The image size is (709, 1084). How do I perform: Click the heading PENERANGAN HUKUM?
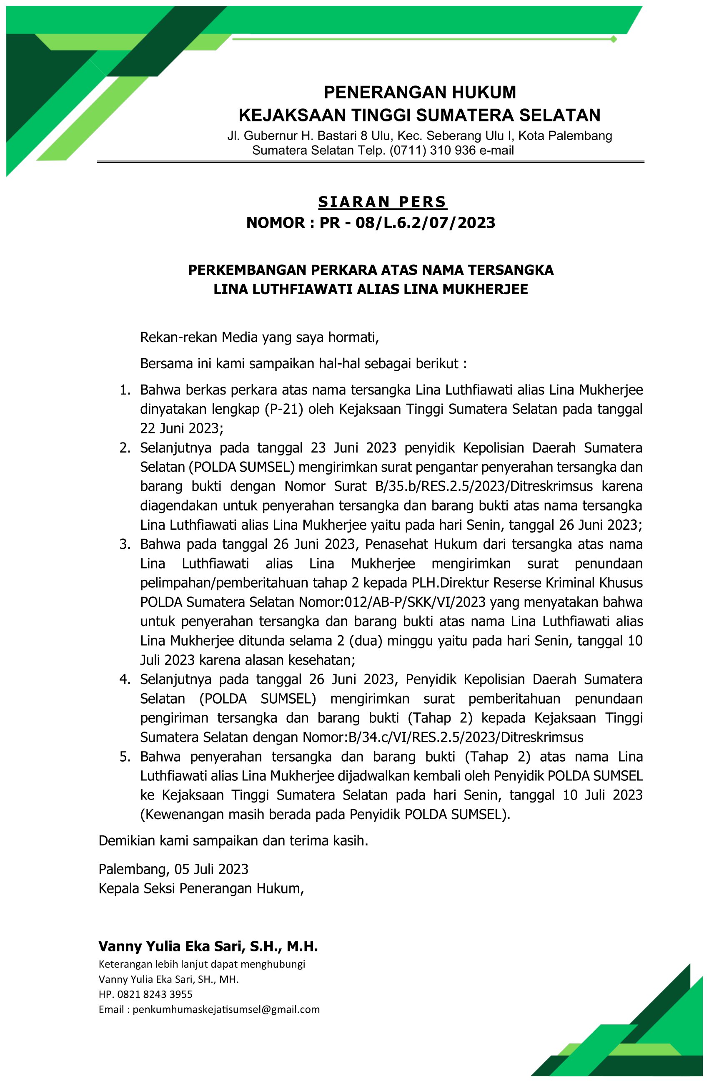coord(420,93)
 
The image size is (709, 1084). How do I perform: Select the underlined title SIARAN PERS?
coord(382,202)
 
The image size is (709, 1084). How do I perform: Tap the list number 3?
coord(125,544)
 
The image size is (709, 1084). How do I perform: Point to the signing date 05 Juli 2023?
coord(211,869)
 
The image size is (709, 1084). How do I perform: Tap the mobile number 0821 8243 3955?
coord(155,994)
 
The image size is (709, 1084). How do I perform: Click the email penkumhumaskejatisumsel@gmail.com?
coord(226,1009)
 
